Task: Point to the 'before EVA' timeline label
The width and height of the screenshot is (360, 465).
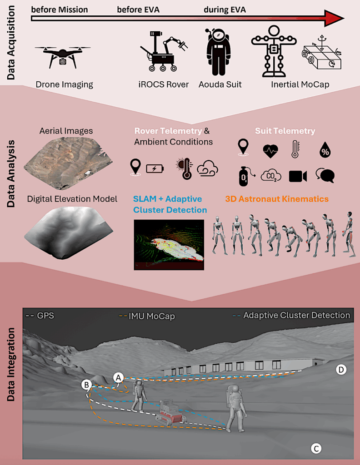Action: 138,10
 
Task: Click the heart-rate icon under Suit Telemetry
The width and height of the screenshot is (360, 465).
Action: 270,151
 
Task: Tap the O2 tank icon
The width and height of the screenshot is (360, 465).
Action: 245,176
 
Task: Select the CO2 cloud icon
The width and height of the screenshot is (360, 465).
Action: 270,176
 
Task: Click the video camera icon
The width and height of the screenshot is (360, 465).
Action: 298,176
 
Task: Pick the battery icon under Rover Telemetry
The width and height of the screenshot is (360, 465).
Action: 155,169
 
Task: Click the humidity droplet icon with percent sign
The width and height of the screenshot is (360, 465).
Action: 325,150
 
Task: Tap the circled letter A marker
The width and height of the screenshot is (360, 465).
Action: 119,378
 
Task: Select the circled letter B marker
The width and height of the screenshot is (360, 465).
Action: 86,385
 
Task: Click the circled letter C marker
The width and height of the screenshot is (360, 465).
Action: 316,448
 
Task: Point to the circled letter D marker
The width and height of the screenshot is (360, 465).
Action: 341,370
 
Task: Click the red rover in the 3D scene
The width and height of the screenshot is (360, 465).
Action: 170,412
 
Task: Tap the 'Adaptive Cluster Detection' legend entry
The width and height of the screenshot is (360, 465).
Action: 291,315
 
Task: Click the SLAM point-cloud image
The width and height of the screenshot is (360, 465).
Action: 169,245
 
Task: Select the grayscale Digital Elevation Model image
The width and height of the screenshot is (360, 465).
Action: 68,231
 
